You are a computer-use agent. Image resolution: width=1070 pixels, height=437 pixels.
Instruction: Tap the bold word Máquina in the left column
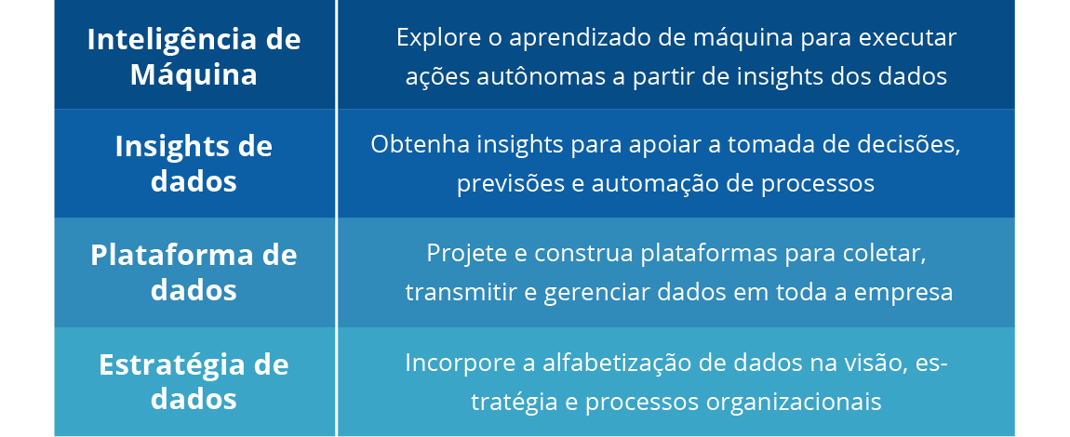pos(194,74)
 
